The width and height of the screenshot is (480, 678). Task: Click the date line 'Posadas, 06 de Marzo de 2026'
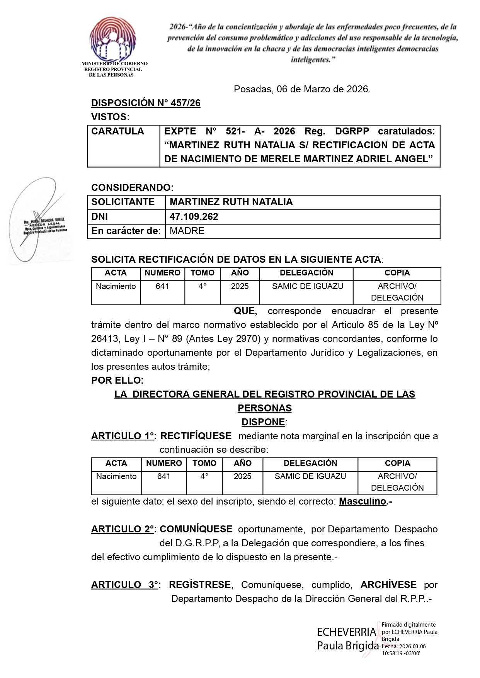(302, 89)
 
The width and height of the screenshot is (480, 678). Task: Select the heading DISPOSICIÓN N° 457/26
(146, 103)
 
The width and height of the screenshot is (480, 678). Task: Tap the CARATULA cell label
(117, 131)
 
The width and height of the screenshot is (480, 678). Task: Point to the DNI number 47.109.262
(194, 217)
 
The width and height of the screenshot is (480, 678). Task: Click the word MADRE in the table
(187, 231)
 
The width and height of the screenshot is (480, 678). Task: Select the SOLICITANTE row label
(123, 202)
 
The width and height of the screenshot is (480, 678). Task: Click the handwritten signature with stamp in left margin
(39, 220)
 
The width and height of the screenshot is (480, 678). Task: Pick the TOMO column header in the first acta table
(203, 273)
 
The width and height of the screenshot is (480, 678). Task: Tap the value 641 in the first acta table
(162, 286)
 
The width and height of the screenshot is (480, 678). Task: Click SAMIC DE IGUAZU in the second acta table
(310, 476)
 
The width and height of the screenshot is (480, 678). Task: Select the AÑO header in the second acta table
(243, 463)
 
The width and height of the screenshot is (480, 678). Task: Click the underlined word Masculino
(363, 501)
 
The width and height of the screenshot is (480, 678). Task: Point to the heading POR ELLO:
(117, 381)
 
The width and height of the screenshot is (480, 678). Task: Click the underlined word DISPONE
(264, 422)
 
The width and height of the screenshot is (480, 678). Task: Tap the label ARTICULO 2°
(123, 529)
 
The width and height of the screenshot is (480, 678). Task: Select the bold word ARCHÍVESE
(388, 585)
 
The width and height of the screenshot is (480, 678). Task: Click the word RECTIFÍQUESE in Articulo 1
(196, 436)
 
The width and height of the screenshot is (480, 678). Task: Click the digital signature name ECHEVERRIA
(346, 632)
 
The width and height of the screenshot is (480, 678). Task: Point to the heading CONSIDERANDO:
(133, 188)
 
